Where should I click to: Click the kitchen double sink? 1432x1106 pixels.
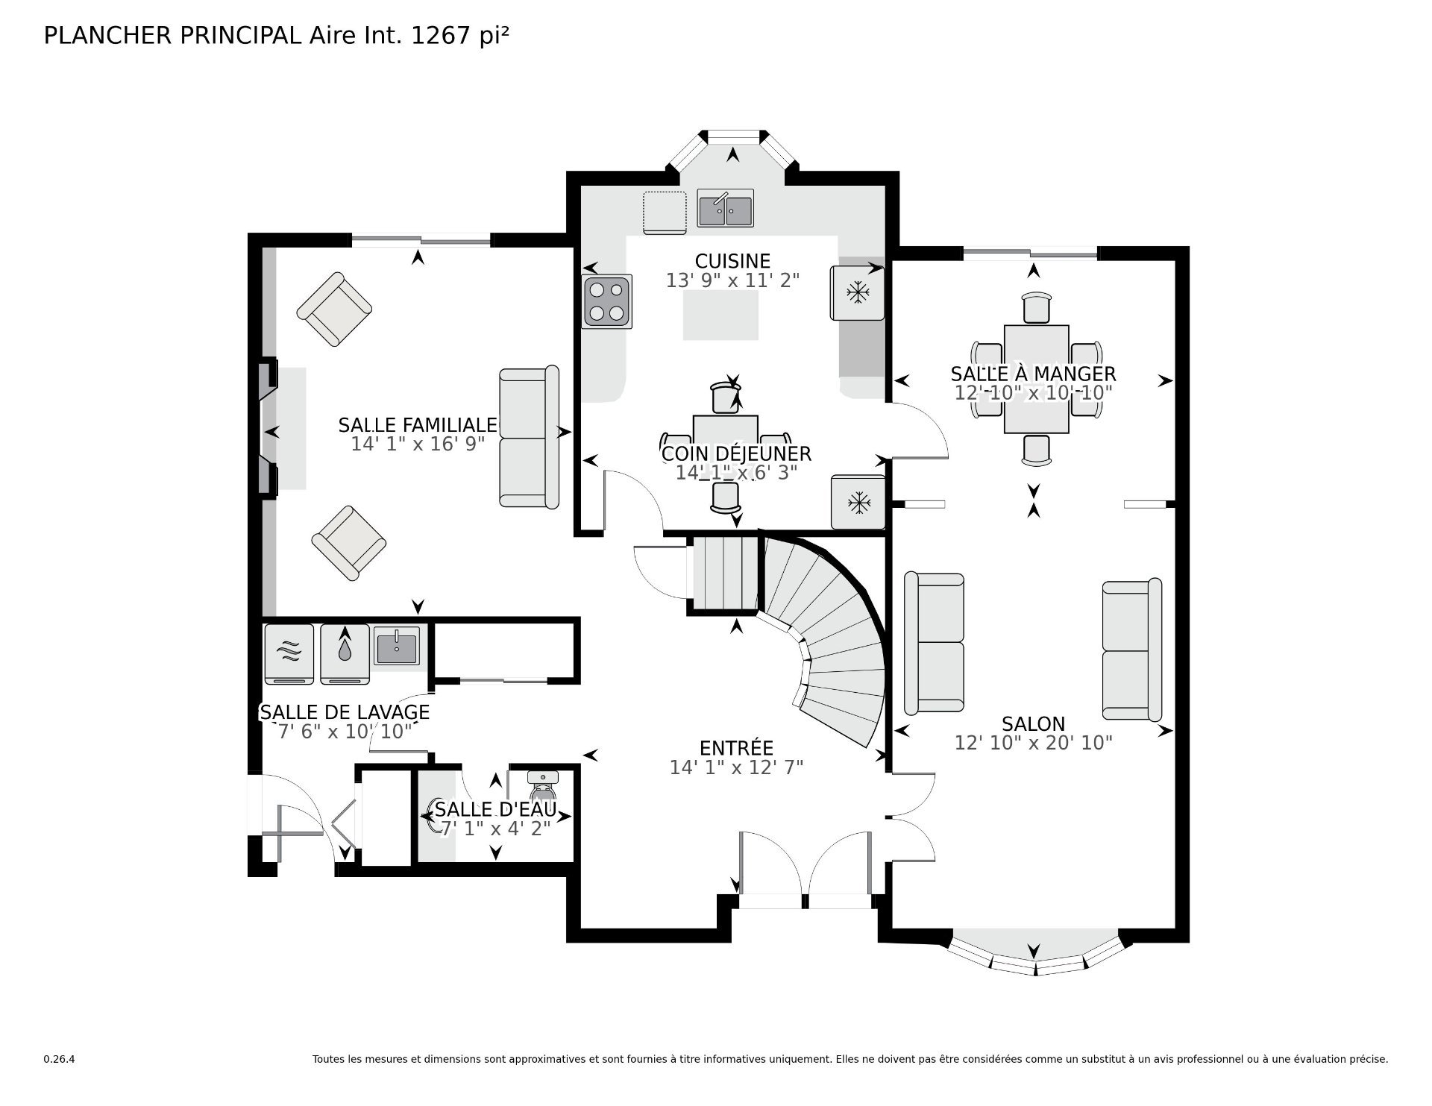[x=726, y=208]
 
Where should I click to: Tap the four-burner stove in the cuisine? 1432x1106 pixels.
[x=607, y=302]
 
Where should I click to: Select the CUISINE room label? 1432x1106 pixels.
[x=732, y=261]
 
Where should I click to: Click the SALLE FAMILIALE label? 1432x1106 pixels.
[x=418, y=425]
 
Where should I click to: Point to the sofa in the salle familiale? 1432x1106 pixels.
[x=529, y=438]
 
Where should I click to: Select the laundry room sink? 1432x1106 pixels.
[x=398, y=646]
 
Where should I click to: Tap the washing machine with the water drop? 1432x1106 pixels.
[x=345, y=653]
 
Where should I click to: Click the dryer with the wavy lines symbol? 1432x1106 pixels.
[x=289, y=653]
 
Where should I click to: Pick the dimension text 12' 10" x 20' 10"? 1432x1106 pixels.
[x=1034, y=743]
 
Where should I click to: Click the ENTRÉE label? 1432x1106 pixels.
[x=736, y=747]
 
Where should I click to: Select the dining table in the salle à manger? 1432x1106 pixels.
[x=1037, y=379]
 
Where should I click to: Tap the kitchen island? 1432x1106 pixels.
[x=722, y=315]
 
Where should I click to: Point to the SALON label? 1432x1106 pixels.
[x=1034, y=723]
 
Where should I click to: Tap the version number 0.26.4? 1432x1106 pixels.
[x=59, y=1059]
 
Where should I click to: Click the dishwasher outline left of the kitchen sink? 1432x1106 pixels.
[x=665, y=213]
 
